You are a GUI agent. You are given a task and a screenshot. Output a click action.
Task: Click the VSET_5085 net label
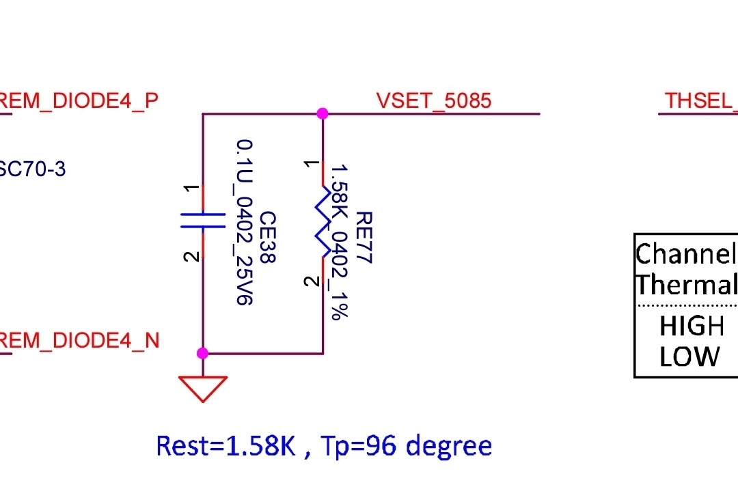pos(433,101)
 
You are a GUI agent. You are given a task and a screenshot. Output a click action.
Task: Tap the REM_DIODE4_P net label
pos(78,101)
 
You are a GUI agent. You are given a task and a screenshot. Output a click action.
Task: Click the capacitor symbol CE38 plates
pos(203,220)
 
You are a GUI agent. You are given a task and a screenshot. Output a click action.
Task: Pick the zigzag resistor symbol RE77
pos(323,220)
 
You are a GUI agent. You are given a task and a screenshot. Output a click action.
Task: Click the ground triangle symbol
pos(203,389)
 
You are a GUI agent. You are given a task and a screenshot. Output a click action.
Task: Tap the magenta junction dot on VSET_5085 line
pos(323,113)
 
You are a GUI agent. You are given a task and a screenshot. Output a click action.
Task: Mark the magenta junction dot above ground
pos(202,353)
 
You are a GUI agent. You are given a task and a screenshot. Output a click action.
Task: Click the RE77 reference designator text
pos(364,237)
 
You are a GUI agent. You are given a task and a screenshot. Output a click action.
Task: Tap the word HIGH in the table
pos(692,326)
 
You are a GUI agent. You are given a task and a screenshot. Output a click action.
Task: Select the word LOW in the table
pos(689,357)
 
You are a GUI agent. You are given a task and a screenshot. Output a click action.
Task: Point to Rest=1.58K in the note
pos(225,446)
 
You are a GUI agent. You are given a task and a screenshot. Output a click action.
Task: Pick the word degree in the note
pos(449,446)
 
